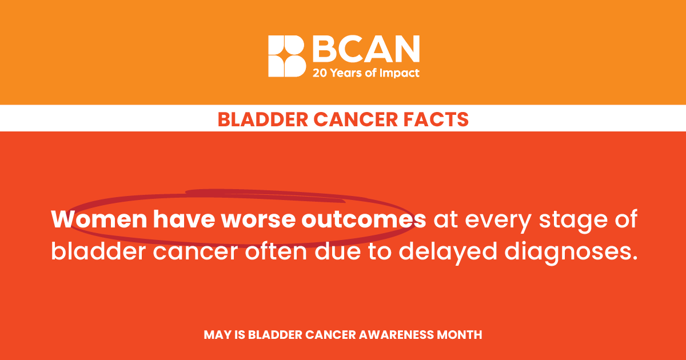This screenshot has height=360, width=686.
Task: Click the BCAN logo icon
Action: [287, 56]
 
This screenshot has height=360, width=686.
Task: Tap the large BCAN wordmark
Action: [366, 49]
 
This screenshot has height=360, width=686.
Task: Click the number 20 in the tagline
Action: [320, 73]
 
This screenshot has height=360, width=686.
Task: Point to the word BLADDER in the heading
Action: [263, 119]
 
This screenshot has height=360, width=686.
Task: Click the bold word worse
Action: [258, 220]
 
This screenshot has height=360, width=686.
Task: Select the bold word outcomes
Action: [364, 220]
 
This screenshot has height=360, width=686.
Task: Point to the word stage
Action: [573, 221]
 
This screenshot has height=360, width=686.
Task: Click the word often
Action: [276, 251]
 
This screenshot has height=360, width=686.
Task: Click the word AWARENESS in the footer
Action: [396, 335]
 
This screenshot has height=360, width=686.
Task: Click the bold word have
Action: [184, 219]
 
